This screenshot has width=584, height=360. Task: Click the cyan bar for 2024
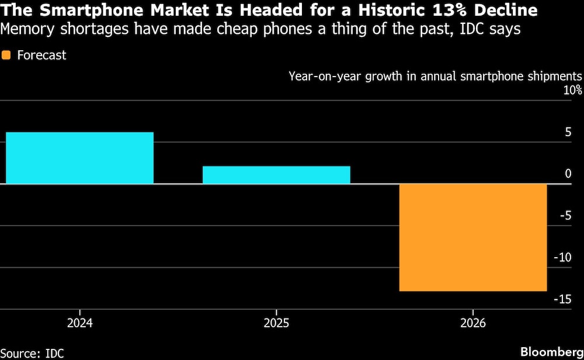[80, 158]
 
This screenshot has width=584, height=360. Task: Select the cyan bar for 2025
[276, 175]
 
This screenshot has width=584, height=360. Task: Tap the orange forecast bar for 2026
[472, 237]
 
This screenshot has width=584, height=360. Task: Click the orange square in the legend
[7, 56]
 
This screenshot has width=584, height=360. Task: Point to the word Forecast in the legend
[41, 56]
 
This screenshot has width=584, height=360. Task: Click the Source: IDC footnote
[32, 352]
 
